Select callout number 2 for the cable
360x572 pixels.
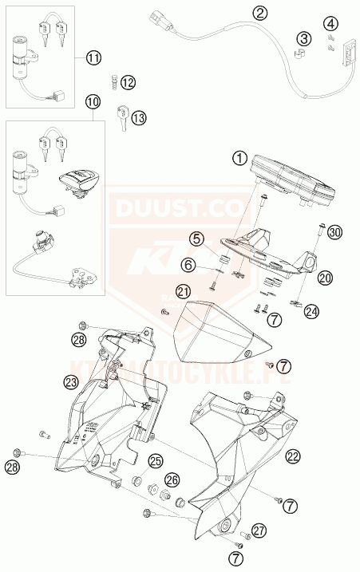click(260, 12)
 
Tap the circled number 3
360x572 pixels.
click(304, 37)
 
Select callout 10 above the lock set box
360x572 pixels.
click(93, 102)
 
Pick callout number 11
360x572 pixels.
click(95, 57)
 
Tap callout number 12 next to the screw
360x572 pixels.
click(129, 82)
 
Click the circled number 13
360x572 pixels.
click(139, 118)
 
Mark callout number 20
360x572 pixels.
click(324, 278)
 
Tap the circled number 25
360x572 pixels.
click(155, 460)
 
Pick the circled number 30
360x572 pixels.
click(334, 232)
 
